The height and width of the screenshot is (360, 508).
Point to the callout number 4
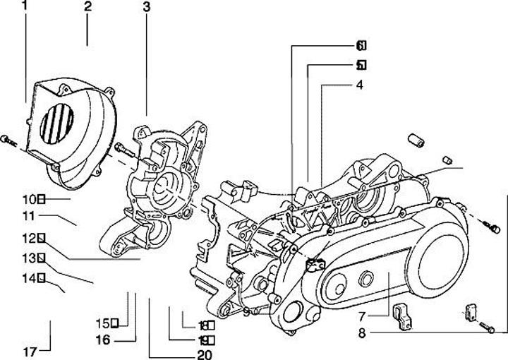(x=359, y=85)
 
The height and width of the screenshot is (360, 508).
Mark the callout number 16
(x=103, y=340)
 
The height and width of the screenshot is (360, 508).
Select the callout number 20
(x=205, y=354)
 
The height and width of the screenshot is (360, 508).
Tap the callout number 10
(x=28, y=200)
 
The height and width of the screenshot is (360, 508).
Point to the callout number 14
(x=28, y=278)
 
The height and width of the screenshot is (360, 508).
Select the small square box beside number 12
(x=42, y=237)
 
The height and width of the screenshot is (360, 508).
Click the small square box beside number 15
(x=114, y=324)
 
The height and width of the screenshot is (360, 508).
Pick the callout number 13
(x=28, y=258)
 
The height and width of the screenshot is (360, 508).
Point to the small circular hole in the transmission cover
(x=365, y=280)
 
